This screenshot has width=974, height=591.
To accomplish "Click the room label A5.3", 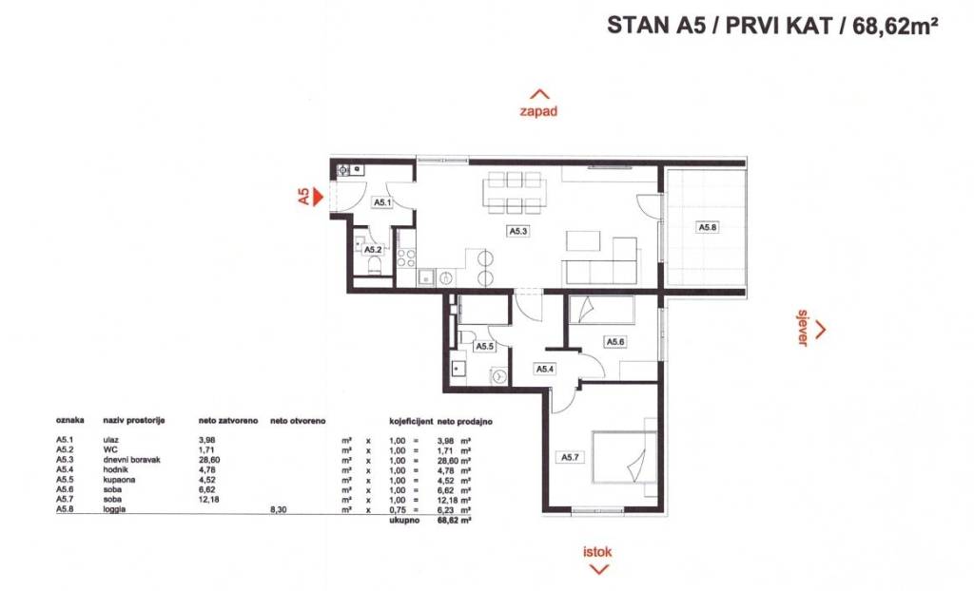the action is coord(518,231).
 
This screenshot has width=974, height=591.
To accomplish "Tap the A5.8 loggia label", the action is coord(708,227).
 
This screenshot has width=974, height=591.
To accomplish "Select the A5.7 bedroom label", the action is coord(571,458).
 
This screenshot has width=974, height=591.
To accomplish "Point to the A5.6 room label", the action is coord(615,342).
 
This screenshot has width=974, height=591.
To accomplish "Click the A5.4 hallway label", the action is coord(545,369).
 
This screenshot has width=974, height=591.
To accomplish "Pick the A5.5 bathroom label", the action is coord(484,347).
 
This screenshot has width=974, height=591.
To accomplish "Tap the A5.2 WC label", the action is coord(373,250).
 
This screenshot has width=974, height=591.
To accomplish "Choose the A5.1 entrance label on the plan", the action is coord(382,202).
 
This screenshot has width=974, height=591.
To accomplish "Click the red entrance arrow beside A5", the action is coord(318,197).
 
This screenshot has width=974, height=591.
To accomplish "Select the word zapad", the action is coord(538,111).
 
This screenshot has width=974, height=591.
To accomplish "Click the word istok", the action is coord(597,551).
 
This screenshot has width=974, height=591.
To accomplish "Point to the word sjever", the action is coord(803,327).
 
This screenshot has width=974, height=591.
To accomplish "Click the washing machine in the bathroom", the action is coord(498,375).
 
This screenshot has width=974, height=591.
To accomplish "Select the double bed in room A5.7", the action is coord(624,456).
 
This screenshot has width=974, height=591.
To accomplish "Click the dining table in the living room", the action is coord(515,193).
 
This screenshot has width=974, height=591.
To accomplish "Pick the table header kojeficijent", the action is coord(411,421).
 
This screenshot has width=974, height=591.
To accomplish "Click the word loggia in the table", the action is coord(114,509).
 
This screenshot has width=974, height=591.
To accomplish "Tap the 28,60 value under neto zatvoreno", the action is coord(208,460).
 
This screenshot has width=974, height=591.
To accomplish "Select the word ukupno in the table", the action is coord(404,520).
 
